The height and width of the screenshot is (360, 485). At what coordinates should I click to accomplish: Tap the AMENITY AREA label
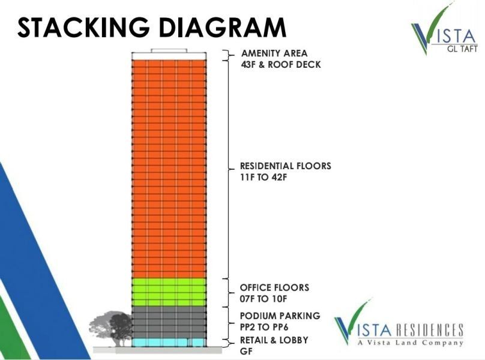[x=274, y=53]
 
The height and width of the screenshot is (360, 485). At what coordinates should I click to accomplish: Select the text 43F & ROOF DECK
[x=281, y=65]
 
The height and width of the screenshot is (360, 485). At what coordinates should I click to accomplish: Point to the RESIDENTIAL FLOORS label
[x=286, y=166]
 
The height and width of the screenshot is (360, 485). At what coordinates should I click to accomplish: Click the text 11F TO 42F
[x=264, y=178]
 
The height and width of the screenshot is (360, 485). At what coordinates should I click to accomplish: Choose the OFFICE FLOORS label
[x=274, y=287]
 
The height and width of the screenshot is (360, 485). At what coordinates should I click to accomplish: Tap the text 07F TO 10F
[x=264, y=299]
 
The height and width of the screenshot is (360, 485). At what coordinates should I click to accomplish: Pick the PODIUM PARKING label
[x=280, y=316]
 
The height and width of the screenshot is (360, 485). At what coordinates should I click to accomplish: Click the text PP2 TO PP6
[x=264, y=327]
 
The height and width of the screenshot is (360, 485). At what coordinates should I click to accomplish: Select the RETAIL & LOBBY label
[x=274, y=340]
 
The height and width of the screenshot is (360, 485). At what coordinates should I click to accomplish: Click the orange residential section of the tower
[x=169, y=169]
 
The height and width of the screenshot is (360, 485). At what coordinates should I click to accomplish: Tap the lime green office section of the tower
[x=169, y=292]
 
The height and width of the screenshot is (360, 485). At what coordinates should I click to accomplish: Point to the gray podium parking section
[x=169, y=322]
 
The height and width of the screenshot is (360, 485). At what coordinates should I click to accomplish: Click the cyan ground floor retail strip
[x=169, y=343]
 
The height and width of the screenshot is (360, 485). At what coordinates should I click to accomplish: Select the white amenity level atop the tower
[x=169, y=56]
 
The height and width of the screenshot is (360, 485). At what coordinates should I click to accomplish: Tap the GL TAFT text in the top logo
[x=462, y=49]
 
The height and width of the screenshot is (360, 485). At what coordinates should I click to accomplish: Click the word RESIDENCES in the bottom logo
[x=430, y=329]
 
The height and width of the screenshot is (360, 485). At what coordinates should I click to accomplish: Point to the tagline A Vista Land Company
[x=411, y=343]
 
